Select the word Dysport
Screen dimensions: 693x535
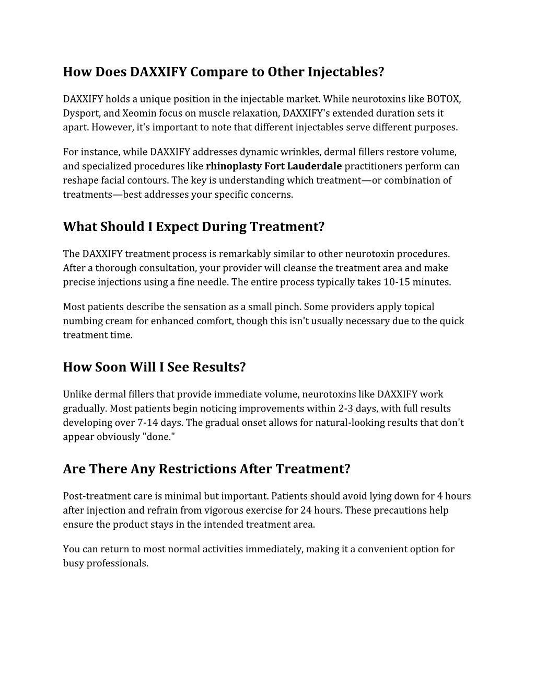pyautogui.click(x=80, y=113)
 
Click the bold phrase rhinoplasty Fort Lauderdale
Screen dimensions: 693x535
pyautogui.click(x=274, y=166)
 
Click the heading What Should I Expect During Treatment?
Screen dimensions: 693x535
pyautogui.click(x=194, y=227)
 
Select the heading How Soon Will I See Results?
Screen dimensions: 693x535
pyautogui.click(x=154, y=367)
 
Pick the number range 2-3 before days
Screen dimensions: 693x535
pyautogui.click(x=348, y=408)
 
